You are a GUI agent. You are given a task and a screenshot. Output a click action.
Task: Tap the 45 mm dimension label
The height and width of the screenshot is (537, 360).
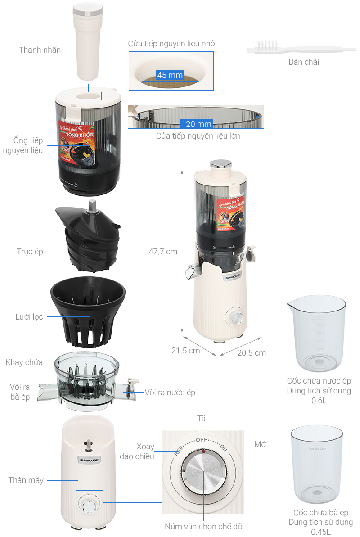(x=170, y=75)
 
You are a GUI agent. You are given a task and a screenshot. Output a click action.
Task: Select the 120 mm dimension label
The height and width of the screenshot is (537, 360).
(x=196, y=124)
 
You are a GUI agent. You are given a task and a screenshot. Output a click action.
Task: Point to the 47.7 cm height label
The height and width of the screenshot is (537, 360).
(x=163, y=252)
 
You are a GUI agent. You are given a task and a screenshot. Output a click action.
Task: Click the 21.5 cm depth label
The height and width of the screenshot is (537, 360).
(x=185, y=351)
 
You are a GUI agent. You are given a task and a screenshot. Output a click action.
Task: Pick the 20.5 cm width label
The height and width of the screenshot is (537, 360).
(x=251, y=352)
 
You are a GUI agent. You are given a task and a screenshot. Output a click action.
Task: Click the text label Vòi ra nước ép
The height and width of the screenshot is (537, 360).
(x=170, y=393)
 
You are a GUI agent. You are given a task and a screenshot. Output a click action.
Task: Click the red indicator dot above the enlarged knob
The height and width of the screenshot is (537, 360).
(x=203, y=451)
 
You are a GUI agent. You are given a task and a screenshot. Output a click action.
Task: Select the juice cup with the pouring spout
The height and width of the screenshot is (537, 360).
(x=316, y=331)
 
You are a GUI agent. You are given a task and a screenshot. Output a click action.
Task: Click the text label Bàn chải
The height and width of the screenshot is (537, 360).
(x=304, y=62)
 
